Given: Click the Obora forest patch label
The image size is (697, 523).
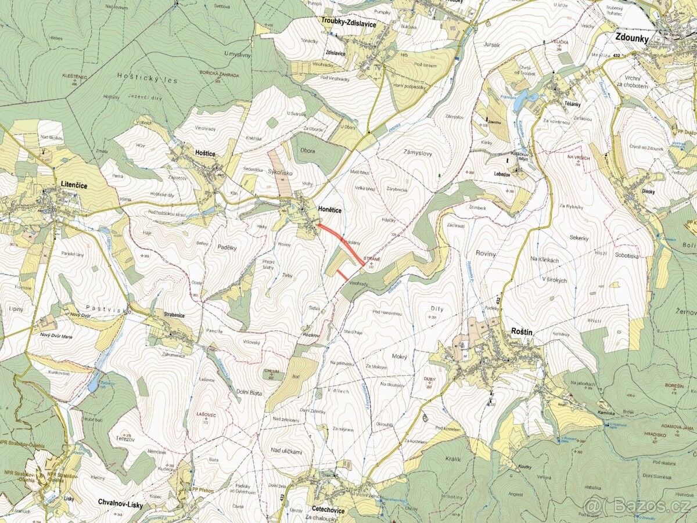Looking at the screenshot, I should [x=308, y=151].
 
